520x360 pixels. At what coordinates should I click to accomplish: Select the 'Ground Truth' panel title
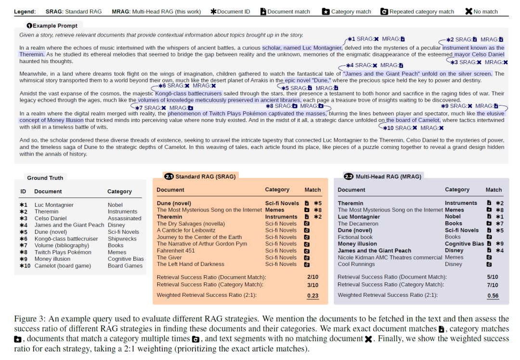45,178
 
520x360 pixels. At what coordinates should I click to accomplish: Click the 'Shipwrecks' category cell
122,239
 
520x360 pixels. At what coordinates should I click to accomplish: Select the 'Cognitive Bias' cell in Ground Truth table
126,259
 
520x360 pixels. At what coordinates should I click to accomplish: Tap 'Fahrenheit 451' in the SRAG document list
176,251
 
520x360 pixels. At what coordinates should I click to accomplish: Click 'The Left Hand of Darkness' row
191,264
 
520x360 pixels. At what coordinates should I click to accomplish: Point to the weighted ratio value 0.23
312,296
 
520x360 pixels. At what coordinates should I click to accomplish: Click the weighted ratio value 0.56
493,296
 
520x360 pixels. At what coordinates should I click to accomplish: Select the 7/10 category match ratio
493,284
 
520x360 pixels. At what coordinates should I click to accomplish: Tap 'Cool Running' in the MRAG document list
357,264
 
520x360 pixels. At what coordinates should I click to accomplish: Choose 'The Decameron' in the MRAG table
358,224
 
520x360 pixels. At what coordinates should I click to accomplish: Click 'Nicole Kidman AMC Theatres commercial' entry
390,257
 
